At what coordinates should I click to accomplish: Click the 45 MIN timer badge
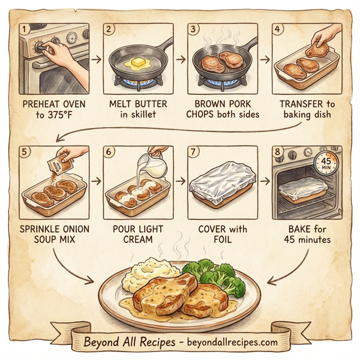(326, 163)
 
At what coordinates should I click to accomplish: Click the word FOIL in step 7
(221, 240)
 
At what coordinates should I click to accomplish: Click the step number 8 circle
(278, 152)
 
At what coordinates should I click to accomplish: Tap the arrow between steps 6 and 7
(179, 179)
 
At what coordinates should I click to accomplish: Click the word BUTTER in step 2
(149, 103)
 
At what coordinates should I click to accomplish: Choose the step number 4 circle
(278, 29)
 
